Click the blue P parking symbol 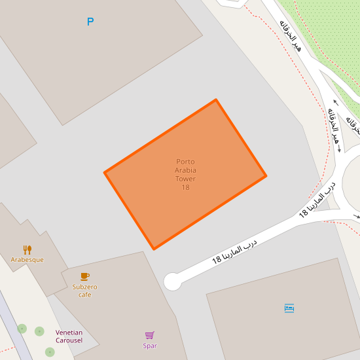[x=90, y=22]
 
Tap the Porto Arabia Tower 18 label [x=185, y=175]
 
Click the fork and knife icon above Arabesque [x=27, y=249]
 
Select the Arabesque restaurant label [x=27, y=260]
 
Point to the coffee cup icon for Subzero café [x=84, y=276]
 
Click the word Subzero [x=84, y=287]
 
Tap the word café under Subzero [x=84, y=295]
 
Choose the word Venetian [x=69, y=333]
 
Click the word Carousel [x=69, y=340]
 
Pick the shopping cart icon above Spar [x=150, y=335]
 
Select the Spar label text [x=150, y=346]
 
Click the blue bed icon [x=289, y=308]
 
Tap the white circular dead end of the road [x=172, y=281]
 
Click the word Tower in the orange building [x=185, y=179]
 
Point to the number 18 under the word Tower [x=185, y=188]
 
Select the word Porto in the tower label [x=185, y=162]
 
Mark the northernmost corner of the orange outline [x=216, y=100]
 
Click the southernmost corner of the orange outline [x=154, y=249]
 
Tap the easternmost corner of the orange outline [x=265, y=175]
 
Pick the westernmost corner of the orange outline [x=105, y=173]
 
